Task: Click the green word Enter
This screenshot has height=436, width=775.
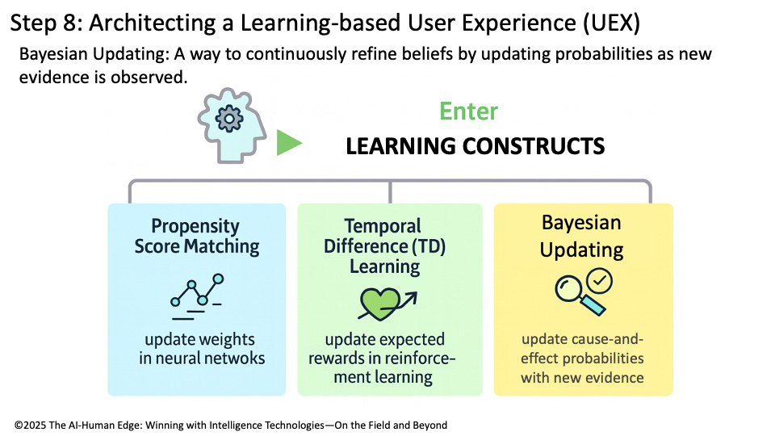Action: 469,111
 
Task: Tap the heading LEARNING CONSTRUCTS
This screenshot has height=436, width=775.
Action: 475,147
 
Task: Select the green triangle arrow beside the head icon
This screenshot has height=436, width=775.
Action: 288,144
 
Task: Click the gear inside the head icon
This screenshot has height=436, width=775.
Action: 230,119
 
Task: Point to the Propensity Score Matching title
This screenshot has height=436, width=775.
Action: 197,236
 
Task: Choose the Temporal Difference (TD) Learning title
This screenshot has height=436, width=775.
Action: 390,245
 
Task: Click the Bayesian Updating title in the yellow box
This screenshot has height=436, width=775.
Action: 582,236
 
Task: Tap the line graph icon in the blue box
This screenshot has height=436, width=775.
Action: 197,293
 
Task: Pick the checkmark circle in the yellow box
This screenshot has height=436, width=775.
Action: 600,281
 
